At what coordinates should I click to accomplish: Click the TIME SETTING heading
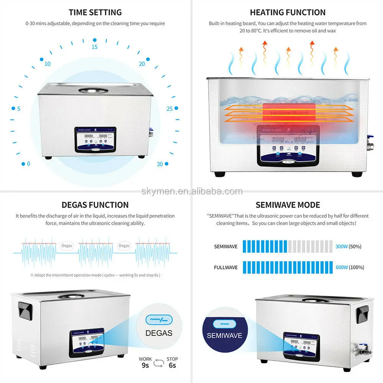pos(95,13)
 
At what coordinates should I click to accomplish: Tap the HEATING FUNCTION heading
pos(288,13)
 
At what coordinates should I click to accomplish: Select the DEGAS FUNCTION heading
pos(95,205)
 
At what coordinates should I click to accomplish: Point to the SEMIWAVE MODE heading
pos(288,205)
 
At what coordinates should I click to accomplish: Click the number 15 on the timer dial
pos(95,47)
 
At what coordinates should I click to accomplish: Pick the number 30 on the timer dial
pos(160,164)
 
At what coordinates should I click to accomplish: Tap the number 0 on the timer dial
pos(28,164)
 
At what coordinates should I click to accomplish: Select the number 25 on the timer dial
pos(170,109)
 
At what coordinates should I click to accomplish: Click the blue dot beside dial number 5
pos(13,108)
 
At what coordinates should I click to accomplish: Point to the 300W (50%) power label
pos(348,247)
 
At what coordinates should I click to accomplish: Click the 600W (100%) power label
pos(349,267)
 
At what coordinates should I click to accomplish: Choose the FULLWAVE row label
pos(226,267)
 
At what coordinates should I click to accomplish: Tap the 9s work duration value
pos(145,365)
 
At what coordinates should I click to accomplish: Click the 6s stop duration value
pos(172,365)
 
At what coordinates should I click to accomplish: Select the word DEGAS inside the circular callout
pos(159,333)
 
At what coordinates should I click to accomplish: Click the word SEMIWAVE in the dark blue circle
pos(224,336)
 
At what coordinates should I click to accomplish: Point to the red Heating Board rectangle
pos(289,113)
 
